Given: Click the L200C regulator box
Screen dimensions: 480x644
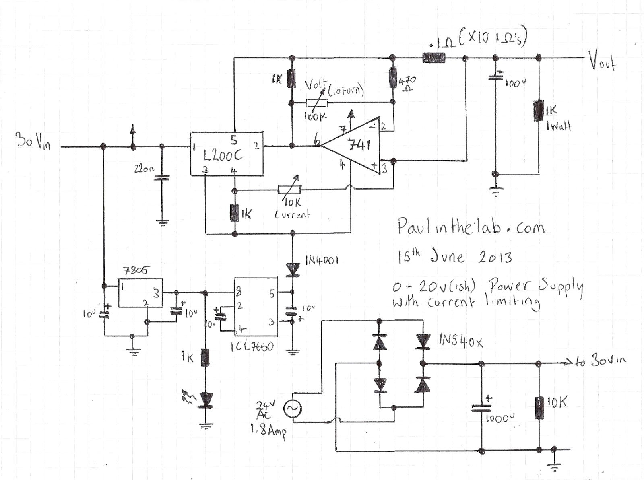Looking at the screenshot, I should click(227, 153).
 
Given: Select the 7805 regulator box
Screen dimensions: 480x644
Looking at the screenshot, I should click(140, 293).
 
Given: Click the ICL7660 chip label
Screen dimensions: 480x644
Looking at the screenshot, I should click(253, 347).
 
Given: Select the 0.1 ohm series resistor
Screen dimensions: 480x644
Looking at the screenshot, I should click(434, 58).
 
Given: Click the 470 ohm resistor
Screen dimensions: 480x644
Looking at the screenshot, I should click(393, 77).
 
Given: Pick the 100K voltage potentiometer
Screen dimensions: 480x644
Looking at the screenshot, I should click(317, 103).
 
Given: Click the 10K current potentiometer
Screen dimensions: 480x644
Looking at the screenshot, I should click(289, 190).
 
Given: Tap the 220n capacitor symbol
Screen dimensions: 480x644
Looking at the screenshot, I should click(162, 177).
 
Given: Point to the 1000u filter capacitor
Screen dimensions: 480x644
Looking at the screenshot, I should click(482, 408).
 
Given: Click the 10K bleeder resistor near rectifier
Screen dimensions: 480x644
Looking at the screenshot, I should click(539, 407).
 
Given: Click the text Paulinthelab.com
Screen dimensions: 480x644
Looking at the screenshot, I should click(471, 227).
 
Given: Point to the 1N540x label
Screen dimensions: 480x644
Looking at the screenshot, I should click(460, 342).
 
